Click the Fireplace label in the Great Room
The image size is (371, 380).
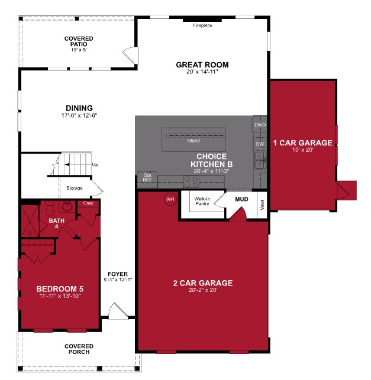click(202, 26)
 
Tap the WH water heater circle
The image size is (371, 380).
click(170, 199)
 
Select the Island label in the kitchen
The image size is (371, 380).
click(193, 141)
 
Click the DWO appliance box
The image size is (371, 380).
click(260, 125)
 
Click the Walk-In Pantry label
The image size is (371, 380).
click(202, 202)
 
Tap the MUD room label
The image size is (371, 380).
click(241, 199)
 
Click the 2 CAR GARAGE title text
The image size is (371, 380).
click(202, 283)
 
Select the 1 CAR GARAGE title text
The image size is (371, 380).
click(302, 142)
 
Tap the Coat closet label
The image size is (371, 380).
click(88, 203)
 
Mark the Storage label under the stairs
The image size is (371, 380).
click(75, 188)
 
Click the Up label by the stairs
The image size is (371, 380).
click(95, 165)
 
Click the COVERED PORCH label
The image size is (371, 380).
click(79, 350)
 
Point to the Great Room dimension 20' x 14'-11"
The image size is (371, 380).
click(202, 72)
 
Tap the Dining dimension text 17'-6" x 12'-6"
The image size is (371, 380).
click(79, 115)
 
